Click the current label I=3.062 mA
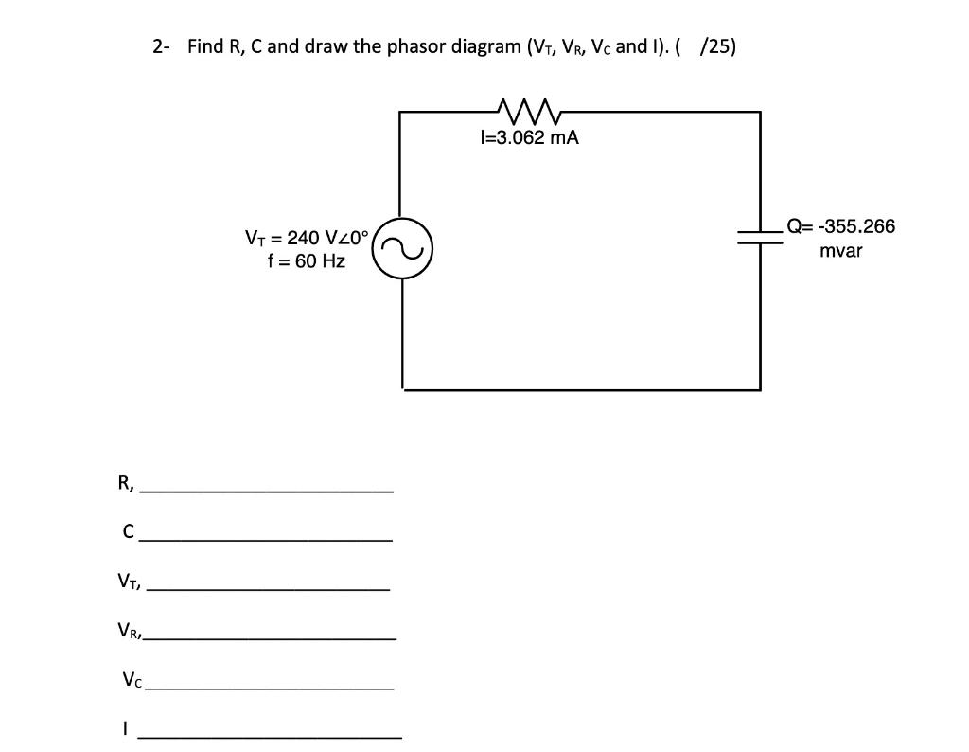click(530, 138)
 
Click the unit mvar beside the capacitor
click(840, 251)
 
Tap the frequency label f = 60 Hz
click(307, 260)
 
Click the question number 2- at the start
click(162, 46)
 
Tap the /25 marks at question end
click(716, 46)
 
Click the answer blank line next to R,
click(268, 491)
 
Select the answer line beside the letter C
click(265, 539)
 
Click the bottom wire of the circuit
click(581, 388)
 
